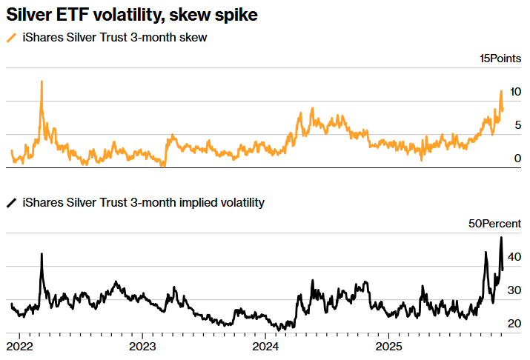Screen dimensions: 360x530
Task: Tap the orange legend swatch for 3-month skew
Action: (x=10, y=38)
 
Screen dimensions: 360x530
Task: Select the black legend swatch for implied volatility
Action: (x=10, y=201)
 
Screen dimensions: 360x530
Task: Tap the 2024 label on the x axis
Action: (x=265, y=346)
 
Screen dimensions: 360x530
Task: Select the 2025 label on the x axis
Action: (x=388, y=346)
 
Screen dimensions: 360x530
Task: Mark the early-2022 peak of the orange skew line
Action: (x=42, y=81)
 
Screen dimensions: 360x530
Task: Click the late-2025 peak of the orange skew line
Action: (x=501, y=91)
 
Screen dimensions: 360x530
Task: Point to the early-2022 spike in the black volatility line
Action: (x=42, y=254)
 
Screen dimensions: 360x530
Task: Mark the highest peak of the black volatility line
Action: (x=501, y=238)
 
